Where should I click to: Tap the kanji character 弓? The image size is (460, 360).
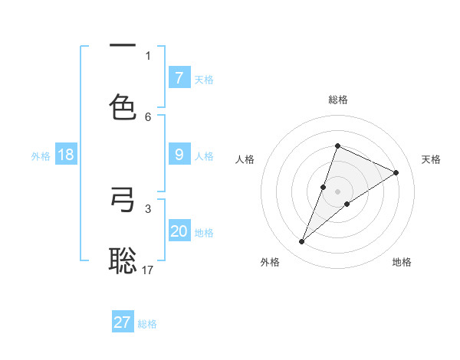point(123,201)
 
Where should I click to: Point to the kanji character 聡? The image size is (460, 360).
point(123,260)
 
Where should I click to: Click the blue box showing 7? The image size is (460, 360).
point(179,77)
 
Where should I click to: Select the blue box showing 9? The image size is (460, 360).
point(179,154)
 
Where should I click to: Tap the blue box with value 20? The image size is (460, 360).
point(179,231)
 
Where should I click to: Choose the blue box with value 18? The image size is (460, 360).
point(66,155)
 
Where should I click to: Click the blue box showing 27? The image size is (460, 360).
point(123,322)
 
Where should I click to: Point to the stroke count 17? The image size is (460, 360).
point(148,270)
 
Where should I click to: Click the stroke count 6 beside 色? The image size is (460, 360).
point(148,116)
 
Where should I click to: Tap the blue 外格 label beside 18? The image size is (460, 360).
point(41,155)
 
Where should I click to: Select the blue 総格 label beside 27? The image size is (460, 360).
point(147,323)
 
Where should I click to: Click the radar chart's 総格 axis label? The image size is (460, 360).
point(337,100)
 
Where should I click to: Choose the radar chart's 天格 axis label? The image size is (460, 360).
point(431,159)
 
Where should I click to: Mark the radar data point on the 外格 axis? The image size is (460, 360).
point(301,242)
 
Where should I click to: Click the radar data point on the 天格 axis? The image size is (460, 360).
point(396,173)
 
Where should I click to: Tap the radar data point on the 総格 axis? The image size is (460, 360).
point(337,146)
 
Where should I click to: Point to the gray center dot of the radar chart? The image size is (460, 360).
point(337,191)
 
